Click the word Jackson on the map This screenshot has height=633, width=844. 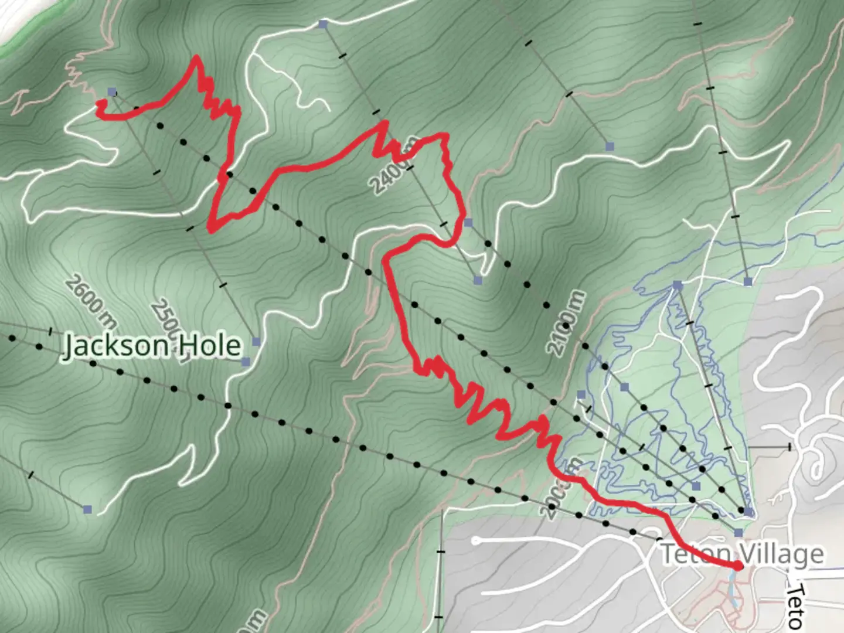click(x=114, y=346)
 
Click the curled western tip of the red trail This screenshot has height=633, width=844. click(x=101, y=105)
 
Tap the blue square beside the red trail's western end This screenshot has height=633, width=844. click(x=112, y=92)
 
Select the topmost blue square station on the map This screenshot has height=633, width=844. click(x=322, y=24)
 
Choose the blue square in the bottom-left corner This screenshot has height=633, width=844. click(x=88, y=509)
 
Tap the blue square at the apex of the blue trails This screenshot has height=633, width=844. click(x=678, y=285)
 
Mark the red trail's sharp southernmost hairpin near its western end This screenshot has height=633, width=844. click(x=210, y=229)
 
